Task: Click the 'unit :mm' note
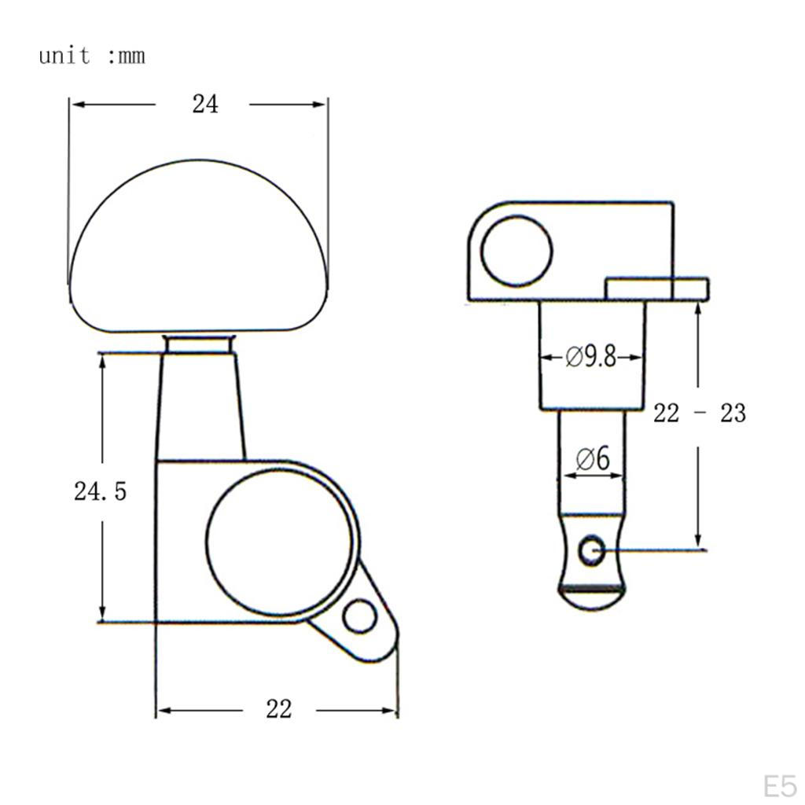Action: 92,56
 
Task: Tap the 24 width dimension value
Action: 205,105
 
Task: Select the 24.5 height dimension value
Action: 100,491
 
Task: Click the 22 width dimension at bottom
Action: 279,709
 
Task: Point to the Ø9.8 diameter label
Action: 590,357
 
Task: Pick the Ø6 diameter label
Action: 593,458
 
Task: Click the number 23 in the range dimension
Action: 733,413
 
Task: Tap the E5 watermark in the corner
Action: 780,786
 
